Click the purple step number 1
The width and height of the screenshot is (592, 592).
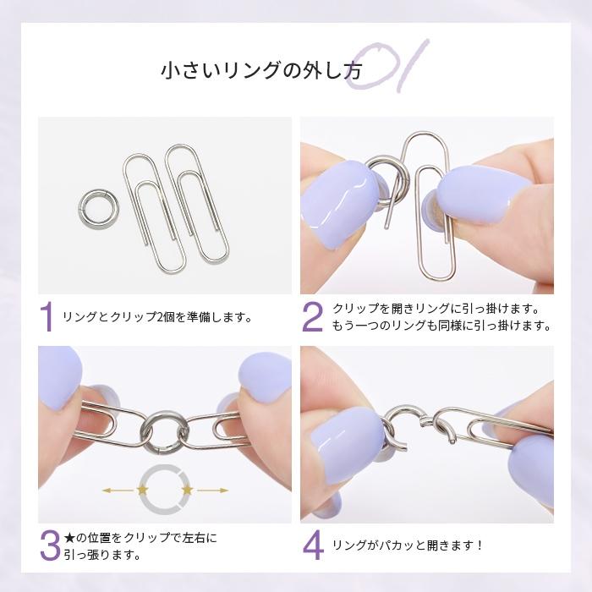47,317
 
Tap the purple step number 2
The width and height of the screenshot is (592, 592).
312,317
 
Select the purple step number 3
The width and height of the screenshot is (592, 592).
49,545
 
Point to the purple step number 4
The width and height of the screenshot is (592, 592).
313,545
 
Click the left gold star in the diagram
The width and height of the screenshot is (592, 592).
141,490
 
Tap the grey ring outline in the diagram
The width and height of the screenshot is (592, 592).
165,489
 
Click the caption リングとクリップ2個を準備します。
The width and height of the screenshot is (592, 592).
158,319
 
